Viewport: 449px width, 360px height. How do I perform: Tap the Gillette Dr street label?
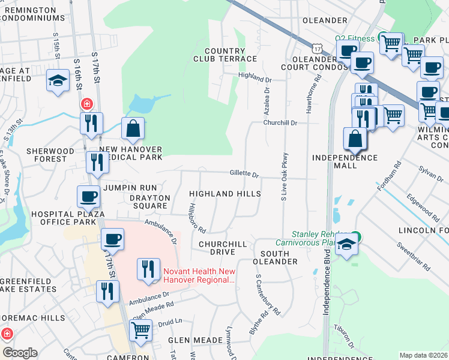click(x=244, y=175)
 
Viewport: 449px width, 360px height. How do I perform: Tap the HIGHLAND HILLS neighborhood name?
click(x=225, y=194)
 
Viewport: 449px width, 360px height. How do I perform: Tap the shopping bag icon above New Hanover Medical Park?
click(x=133, y=128)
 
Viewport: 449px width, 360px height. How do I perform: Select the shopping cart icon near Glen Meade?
click(x=140, y=329)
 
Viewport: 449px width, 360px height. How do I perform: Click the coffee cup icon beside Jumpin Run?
click(x=88, y=197)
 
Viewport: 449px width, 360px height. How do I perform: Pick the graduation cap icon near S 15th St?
click(x=58, y=81)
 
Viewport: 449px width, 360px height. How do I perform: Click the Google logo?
click(x=20, y=353)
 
